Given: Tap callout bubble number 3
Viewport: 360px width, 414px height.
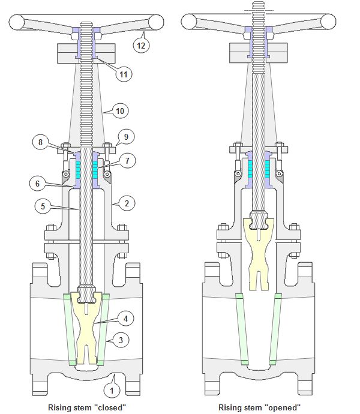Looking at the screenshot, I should pos(122,340).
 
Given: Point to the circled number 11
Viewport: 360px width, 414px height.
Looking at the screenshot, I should pos(122,74).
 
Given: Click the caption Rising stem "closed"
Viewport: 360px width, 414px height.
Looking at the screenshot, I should pos(88,407).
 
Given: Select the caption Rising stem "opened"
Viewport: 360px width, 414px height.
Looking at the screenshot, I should pos(259,407).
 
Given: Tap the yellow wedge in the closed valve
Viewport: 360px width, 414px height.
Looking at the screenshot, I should pos(87,327).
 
